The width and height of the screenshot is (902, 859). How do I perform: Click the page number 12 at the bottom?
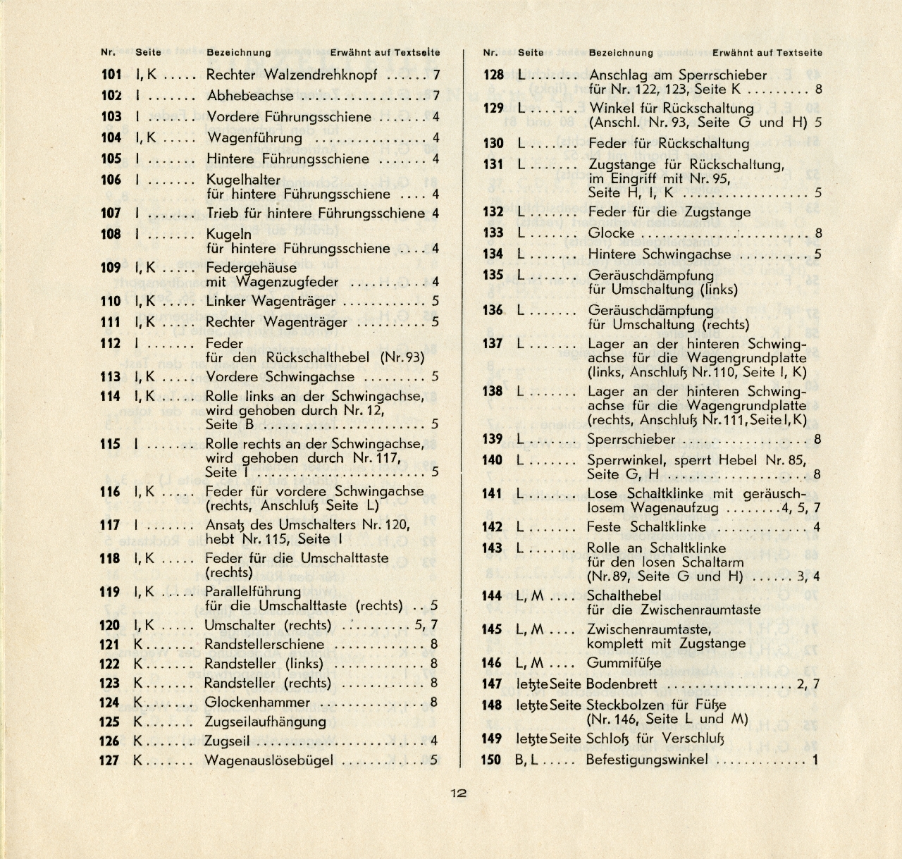pyautogui.click(x=458, y=793)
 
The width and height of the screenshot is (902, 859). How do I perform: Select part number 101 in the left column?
pyautogui.click(x=111, y=75)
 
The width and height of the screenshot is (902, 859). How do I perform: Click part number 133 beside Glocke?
pyautogui.click(x=493, y=233)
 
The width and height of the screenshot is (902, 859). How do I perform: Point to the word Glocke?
pyautogui.click(x=612, y=233)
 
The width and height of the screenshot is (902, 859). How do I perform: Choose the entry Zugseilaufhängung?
pyautogui.click(x=265, y=722)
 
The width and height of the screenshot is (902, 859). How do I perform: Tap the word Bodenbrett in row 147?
pyautogui.click(x=622, y=684)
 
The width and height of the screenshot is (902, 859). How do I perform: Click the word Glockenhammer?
pyautogui.click(x=257, y=702)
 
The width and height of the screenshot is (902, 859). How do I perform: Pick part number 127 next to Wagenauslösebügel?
pyautogui.click(x=109, y=760)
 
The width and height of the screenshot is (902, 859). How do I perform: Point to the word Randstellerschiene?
pyautogui.click(x=264, y=644)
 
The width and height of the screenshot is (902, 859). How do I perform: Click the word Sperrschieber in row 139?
pyautogui.click(x=631, y=440)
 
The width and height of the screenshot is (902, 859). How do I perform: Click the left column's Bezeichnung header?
pyautogui.click(x=238, y=52)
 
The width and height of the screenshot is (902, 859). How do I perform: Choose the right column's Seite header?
pyautogui.click(x=531, y=52)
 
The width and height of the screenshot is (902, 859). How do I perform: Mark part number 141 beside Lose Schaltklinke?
pyautogui.click(x=492, y=494)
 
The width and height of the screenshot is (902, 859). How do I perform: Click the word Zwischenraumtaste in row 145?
pyautogui.click(x=648, y=629)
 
